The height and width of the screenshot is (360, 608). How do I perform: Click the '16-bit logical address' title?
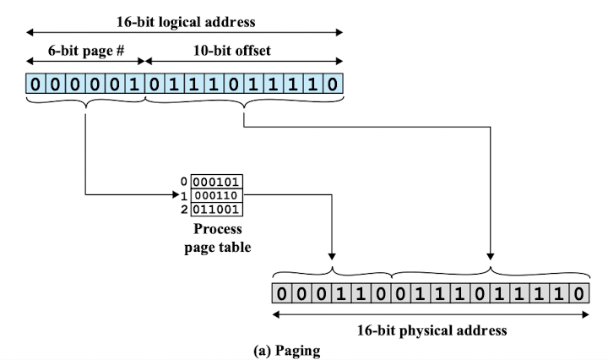(186, 22)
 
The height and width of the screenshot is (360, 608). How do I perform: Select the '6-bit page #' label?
(86, 51)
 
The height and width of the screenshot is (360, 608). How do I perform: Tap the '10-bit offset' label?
(232, 51)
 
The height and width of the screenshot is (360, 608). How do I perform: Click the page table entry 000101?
(217, 182)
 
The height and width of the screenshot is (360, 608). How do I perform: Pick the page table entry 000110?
(217, 195)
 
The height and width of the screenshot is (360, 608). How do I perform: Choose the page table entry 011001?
(217, 209)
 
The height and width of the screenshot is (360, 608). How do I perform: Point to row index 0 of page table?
(184, 181)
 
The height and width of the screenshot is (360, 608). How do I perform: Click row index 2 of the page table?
(184, 210)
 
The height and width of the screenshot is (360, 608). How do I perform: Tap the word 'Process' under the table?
(218, 229)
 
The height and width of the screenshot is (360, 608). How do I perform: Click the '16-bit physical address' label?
(432, 330)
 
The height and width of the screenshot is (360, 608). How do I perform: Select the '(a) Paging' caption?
(287, 351)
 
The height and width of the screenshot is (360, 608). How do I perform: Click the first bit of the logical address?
(35, 84)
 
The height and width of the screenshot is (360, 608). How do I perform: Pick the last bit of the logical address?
(333, 84)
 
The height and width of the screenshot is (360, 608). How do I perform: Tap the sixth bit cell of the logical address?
(134, 84)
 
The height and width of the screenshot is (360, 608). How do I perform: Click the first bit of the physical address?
(282, 294)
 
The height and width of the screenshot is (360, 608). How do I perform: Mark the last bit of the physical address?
(579, 294)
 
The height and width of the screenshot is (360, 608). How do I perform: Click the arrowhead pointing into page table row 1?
(176, 194)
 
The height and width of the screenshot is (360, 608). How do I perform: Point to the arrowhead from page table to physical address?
(332, 256)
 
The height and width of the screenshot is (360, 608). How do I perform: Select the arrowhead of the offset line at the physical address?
(491, 256)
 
